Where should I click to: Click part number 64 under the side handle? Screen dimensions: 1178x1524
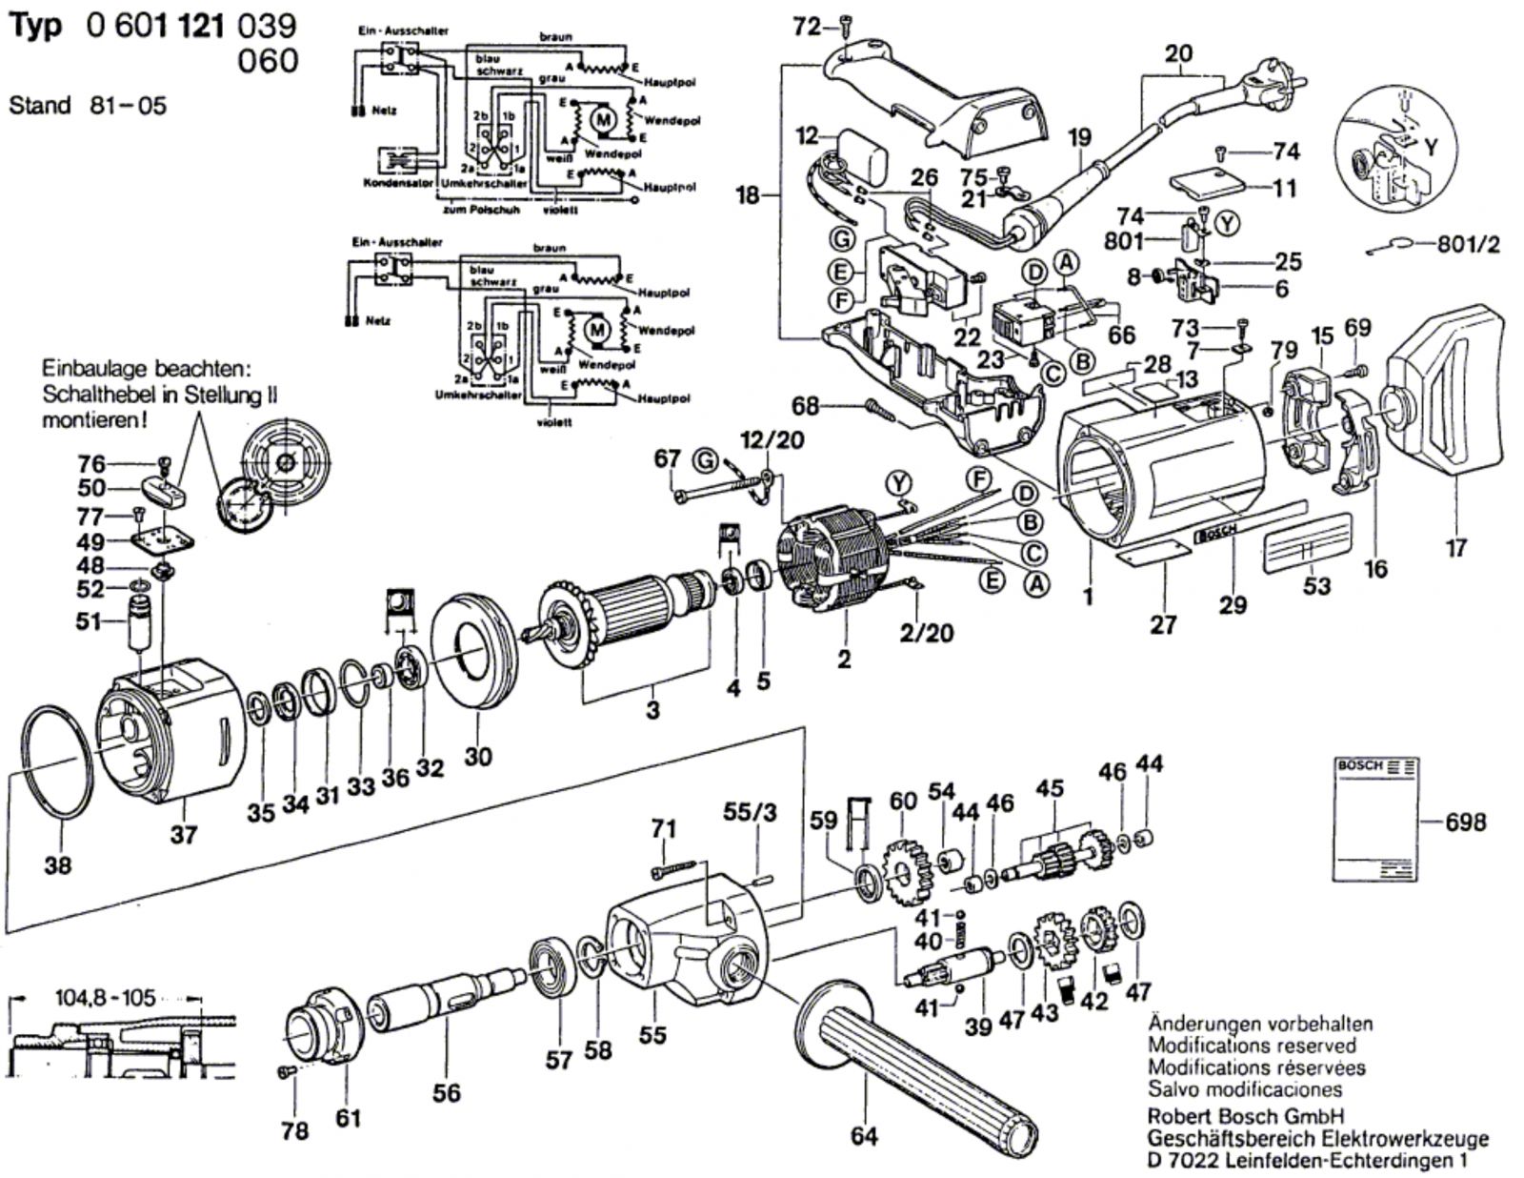coord(865,1136)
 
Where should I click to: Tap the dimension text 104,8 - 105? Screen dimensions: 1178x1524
coord(104,999)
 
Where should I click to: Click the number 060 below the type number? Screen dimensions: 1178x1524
coord(266,61)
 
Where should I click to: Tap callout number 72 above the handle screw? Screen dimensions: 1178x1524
coord(806,28)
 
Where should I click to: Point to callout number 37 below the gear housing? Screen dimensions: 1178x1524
coord(184,835)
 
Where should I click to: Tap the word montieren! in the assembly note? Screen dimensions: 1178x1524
coord(94,419)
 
